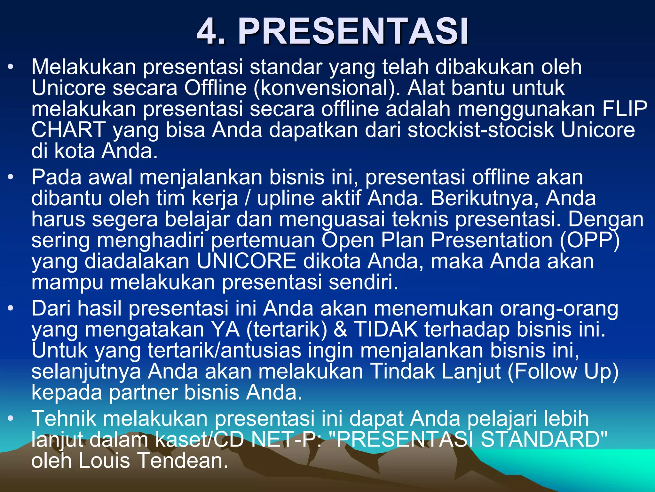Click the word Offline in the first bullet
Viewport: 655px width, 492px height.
(x=215, y=88)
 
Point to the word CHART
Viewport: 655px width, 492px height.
(x=68, y=130)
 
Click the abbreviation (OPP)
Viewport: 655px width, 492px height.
(x=590, y=240)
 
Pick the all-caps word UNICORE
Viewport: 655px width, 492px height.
(x=246, y=261)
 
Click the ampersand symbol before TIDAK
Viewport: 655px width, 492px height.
(x=340, y=329)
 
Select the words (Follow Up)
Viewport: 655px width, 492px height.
(x=563, y=372)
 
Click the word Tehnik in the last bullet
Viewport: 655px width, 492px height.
(x=64, y=418)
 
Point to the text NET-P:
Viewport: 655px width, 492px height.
(x=286, y=439)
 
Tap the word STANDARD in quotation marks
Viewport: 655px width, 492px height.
(x=544, y=439)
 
